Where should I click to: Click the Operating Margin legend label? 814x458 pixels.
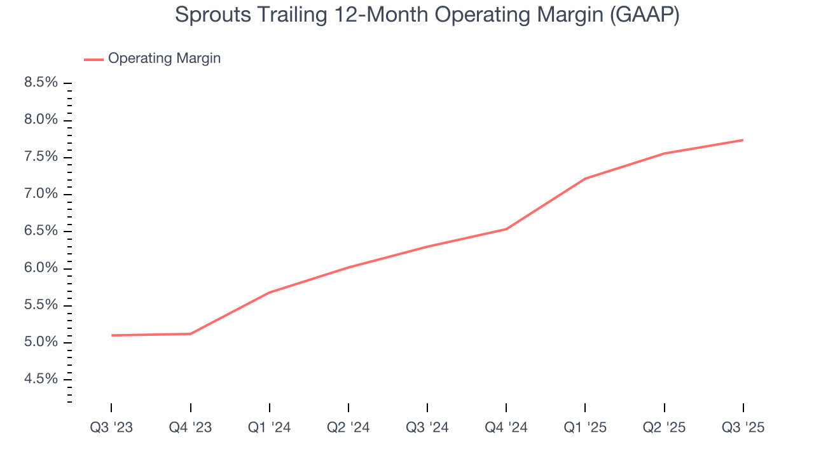click(164, 59)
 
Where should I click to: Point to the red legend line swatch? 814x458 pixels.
click(93, 59)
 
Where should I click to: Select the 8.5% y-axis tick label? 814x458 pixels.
click(41, 83)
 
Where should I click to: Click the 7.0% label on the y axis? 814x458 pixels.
click(41, 194)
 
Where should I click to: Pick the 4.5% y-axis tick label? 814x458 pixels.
click(41, 380)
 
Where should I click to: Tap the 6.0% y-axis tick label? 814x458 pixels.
click(41, 268)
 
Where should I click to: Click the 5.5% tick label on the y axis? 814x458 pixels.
click(41, 305)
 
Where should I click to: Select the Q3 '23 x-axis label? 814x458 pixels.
click(111, 427)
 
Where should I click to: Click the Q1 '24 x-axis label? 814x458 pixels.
click(270, 427)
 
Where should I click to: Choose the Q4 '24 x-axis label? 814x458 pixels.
click(506, 427)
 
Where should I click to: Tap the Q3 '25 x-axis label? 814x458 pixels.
click(743, 427)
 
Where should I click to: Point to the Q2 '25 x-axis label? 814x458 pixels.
click(664, 427)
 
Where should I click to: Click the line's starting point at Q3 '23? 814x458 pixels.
click(112, 335)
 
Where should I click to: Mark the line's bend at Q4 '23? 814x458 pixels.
click(191, 334)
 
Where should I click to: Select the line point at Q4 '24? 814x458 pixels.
click(506, 229)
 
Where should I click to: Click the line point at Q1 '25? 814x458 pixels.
click(585, 179)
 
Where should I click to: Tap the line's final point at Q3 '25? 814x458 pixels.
click(742, 140)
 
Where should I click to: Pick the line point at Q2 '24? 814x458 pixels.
click(348, 268)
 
